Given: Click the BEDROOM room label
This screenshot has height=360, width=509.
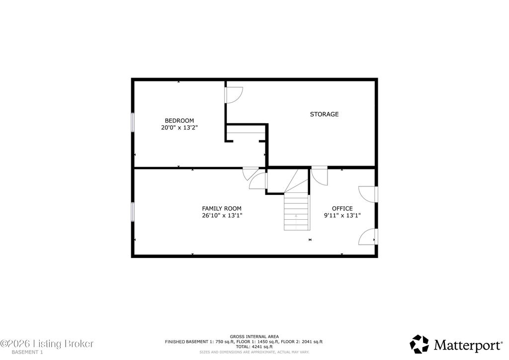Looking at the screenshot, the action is click(179, 120).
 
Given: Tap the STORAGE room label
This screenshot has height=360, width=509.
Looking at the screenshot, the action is click(324, 114).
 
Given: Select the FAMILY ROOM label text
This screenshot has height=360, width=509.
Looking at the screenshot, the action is click(222, 208).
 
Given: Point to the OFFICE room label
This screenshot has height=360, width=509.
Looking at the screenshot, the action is click(342, 208).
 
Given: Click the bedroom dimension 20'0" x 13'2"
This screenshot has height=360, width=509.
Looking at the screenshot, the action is click(179, 128).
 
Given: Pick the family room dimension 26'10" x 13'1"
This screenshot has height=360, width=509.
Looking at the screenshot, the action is click(222, 215).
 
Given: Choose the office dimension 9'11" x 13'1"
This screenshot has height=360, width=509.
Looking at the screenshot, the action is click(342, 215).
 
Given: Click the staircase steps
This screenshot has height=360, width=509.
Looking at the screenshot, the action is click(296, 211).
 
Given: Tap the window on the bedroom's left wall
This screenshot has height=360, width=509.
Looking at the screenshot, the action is click(132, 122).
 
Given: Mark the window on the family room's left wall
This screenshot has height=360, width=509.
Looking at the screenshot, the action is click(132, 212).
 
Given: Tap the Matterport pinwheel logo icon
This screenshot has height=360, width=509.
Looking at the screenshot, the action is click(419, 344).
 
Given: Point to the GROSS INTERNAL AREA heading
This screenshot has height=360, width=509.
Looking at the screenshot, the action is click(254, 337).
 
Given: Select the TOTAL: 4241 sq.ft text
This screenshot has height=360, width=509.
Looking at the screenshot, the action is click(254, 347).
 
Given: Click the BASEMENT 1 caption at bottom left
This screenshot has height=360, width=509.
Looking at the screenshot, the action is click(27, 352).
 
